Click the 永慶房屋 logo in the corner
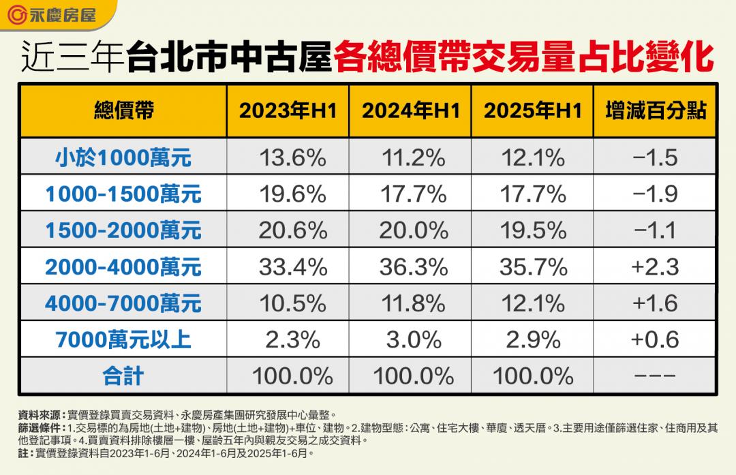(x=55, y=14)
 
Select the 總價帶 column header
(x=123, y=111)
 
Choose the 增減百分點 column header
(x=655, y=111)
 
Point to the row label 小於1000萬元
(x=123, y=158)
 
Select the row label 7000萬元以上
(x=123, y=339)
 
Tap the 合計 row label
(x=123, y=376)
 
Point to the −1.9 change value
(x=655, y=194)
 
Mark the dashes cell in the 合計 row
(x=655, y=376)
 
